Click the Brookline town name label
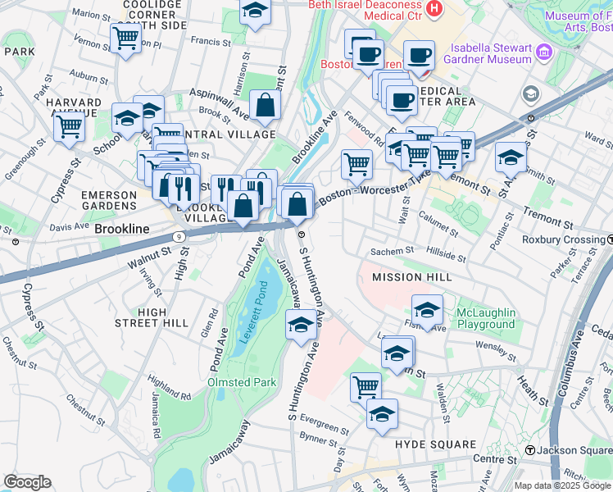point(121,229)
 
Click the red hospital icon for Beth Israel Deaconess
point(434,10)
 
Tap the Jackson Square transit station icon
point(530,450)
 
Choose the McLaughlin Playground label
point(485,318)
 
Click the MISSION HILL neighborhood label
point(411,277)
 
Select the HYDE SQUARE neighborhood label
point(435,444)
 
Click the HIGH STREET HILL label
point(152,317)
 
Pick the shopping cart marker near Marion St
point(125,38)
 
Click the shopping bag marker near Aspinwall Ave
point(265,105)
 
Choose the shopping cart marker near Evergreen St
point(366,386)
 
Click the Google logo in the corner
point(27,482)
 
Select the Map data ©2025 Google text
point(561,485)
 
